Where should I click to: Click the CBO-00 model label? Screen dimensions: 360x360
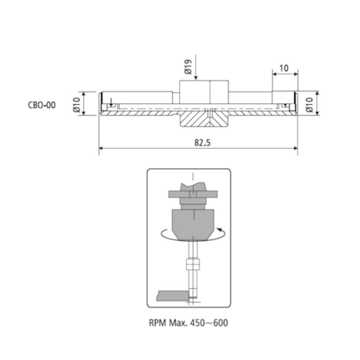(41, 105)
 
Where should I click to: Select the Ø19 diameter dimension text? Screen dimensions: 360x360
(188, 67)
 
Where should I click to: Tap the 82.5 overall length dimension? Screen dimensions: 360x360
(202, 143)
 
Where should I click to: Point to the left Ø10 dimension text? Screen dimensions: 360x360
(77, 105)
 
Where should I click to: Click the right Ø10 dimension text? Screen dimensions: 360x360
(310, 105)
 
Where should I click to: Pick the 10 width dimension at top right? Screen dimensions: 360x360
(284, 68)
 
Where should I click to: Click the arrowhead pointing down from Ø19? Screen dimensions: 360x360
(196, 77)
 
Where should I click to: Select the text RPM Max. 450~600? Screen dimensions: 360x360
(189, 323)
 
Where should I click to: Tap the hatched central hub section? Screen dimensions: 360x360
(204, 119)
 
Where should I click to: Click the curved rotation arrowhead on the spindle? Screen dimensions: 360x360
(220, 229)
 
